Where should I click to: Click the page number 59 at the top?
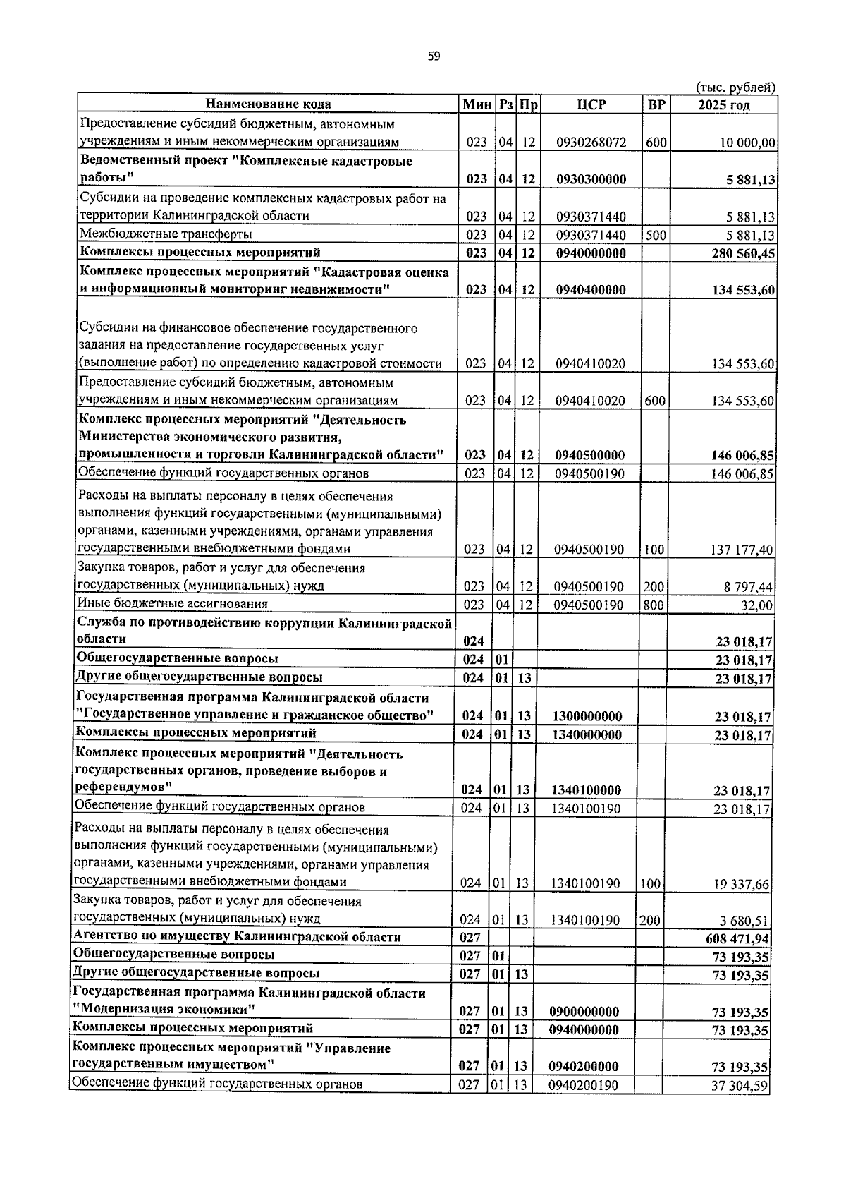click(434, 56)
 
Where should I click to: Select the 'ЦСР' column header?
click(591, 104)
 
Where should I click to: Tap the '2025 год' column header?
click(723, 105)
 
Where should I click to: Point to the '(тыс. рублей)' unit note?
click(735, 87)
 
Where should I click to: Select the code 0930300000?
click(591, 179)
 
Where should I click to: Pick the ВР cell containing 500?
click(656, 235)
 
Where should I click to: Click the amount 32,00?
click(759, 605)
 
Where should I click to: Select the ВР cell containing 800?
click(654, 605)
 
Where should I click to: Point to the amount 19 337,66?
click(741, 883)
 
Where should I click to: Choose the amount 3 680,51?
click(744, 920)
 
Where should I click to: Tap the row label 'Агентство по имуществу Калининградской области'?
click(238, 937)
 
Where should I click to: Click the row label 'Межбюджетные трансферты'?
click(166, 234)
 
